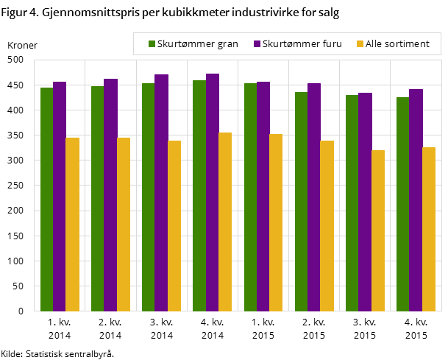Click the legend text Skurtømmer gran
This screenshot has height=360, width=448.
click(x=198, y=44)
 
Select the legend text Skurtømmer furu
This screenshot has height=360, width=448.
click(x=302, y=44)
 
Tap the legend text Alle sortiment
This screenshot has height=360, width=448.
click(x=397, y=44)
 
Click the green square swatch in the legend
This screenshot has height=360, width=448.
click(x=152, y=44)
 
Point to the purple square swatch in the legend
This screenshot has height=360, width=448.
click(x=257, y=44)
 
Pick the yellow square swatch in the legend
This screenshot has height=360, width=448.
click(x=360, y=44)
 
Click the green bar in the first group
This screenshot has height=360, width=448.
click(x=46, y=199)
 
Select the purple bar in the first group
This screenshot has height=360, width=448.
click(x=60, y=196)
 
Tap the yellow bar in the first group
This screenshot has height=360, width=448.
click(x=72, y=224)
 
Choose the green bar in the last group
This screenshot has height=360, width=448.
click(x=402, y=204)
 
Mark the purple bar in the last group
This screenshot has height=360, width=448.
click(x=416, y=200)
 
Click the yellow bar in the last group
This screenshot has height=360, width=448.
click(x=429, y=229)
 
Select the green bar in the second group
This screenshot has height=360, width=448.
click(x=97, y=198)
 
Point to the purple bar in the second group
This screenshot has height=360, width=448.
click(x=110, y=194)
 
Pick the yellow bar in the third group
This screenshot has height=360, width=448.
click(x=174, y=225)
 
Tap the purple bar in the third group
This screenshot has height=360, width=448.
click(x=161, y=192)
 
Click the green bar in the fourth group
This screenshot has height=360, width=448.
click(x=199, y=195)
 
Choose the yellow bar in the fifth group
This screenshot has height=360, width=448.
click(x=276, y=222)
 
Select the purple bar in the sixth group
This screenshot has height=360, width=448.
click(x=314, y=197)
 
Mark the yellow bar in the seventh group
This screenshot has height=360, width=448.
click(x=378, y=230)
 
